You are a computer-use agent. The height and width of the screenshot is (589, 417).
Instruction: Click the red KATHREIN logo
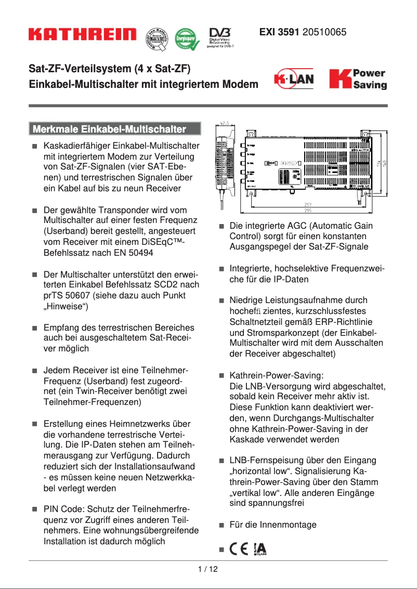pos(83,35)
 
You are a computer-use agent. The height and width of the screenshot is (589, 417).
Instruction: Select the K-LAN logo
pos(294,80)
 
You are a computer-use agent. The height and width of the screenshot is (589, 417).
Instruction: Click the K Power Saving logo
pos(358,79)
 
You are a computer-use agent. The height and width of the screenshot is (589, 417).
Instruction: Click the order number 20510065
pos(324,32)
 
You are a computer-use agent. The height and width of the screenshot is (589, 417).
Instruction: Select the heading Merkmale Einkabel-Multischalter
pos(114,129)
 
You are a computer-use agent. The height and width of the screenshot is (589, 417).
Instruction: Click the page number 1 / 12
pos(208,569)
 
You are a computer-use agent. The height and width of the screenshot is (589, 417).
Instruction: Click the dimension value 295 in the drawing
pos(308,211)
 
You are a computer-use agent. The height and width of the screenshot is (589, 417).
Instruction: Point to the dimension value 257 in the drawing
pos(308,204)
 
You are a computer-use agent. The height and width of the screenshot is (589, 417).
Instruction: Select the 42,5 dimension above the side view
pos(224,124)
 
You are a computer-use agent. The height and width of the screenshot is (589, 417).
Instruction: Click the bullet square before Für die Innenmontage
pos(221,525)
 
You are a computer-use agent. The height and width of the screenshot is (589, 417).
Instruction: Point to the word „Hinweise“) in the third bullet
pos(66,306)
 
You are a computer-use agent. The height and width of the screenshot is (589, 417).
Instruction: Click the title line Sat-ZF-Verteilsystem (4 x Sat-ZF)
pos(110,69)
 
